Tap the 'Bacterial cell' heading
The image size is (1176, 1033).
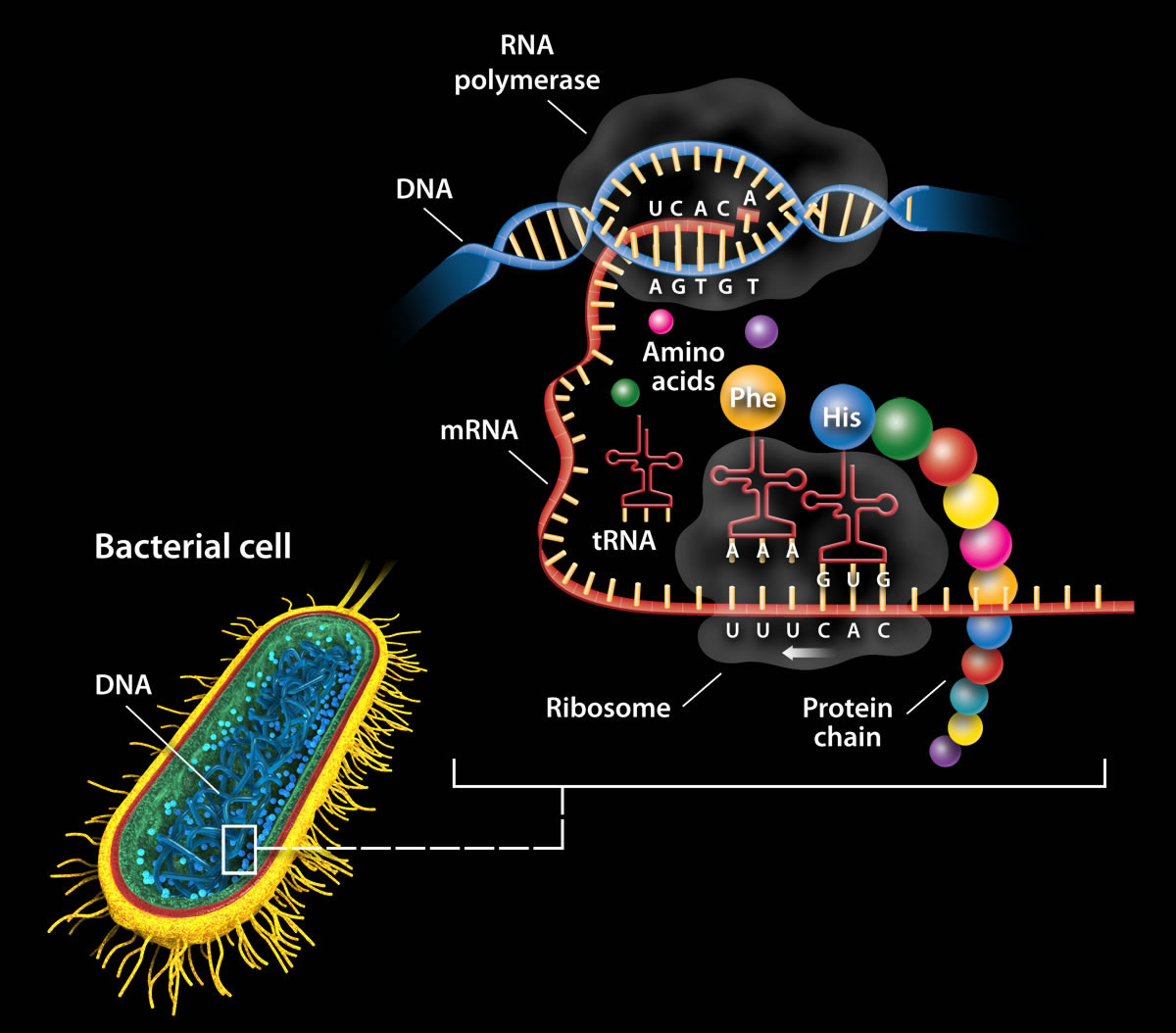click(193, 546)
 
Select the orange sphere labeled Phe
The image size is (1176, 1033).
click(753, 398)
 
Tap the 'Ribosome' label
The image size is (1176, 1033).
click(609, 707)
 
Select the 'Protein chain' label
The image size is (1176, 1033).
click(847, 721)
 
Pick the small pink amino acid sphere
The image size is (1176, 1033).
click(661, 320)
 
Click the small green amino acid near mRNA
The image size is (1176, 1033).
click(624, 393)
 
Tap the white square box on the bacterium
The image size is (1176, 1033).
click(239, 849)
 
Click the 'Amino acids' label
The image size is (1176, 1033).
click(683, 366)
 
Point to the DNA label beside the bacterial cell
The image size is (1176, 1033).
click(123, 684)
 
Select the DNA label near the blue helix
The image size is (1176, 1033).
click(424, 188)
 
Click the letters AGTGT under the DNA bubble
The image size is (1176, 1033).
click(704, 287)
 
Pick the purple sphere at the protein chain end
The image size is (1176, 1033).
click(945, 751)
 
